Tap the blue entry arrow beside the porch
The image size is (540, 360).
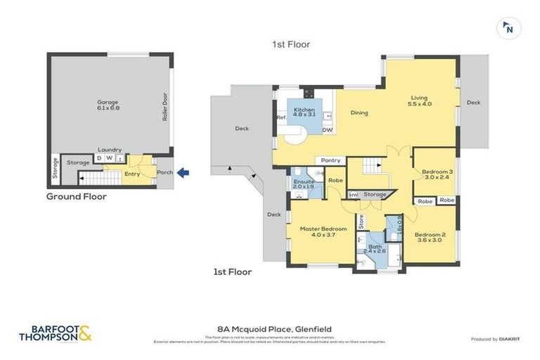(x=183, y=172)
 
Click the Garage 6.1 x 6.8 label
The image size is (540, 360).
(x=108, y=105)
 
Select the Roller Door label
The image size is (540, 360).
(x=165, y=110)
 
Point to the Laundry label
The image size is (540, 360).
(x=110, y=150)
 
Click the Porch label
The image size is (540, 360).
(x=165, y=172)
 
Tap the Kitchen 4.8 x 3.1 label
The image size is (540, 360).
(x=304, y=113)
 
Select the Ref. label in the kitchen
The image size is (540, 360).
(x=281, y=117)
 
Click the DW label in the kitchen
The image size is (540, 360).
(x=327, y=130)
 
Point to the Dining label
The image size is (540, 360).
(x=359, y=112)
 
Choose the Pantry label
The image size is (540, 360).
(x=330, y=160)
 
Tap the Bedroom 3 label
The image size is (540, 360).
(x=433, y=174)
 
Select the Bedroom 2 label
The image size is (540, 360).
(x=430, y=238)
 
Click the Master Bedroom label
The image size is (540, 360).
(x=323, y=232)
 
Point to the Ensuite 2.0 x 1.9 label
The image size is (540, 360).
(x=304, y=185)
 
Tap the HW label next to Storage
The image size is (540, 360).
(x=354, y=195)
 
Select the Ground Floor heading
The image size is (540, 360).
(x=77, y=197)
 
